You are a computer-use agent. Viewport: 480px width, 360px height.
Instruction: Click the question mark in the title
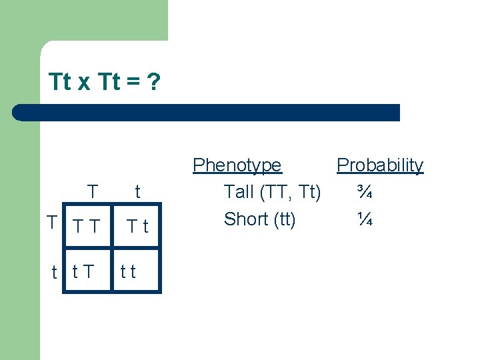153,82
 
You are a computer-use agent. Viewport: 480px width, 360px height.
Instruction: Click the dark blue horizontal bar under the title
207,112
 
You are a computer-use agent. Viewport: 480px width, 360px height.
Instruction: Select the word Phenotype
237,165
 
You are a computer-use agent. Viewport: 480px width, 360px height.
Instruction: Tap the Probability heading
379,165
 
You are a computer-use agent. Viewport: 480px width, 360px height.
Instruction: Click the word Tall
239,193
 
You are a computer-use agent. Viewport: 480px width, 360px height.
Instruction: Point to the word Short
243,219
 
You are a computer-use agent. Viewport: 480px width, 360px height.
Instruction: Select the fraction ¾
364,193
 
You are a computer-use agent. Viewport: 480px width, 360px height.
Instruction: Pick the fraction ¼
364,219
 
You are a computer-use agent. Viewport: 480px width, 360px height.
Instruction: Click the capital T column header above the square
93,192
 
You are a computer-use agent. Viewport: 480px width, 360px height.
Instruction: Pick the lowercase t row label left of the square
54,272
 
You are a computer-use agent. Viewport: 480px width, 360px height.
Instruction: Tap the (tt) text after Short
280,219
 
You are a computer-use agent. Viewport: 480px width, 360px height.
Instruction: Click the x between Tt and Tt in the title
84,83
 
